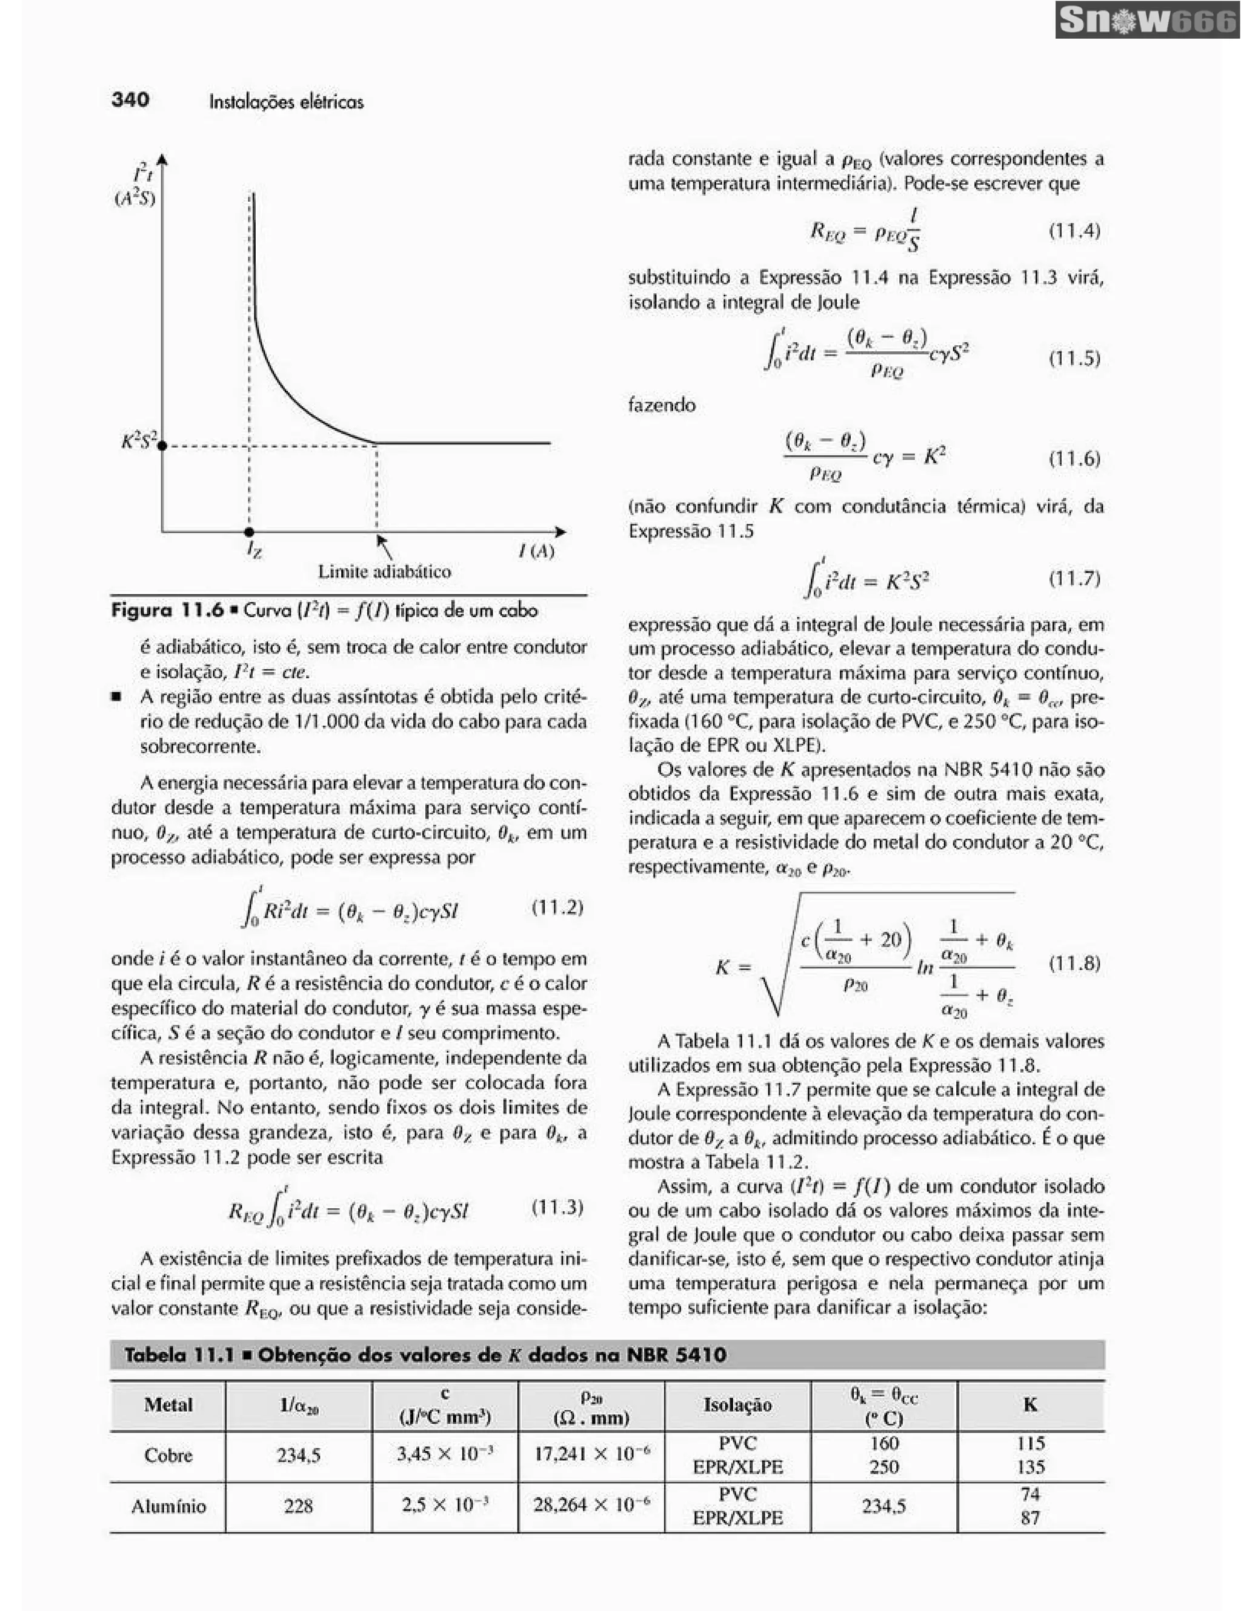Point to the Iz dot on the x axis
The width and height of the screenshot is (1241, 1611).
point(250,531)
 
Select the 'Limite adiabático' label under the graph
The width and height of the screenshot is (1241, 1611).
point(384,571)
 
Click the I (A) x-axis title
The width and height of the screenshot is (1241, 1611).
point(536,551)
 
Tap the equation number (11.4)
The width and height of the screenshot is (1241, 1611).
point(1074,231)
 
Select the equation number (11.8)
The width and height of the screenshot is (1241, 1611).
point(1074,964)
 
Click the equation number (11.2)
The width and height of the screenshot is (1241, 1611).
point(557,907)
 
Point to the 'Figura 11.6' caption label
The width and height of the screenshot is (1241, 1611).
point(167,610)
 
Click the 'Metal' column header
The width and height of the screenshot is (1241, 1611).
point(168,1404)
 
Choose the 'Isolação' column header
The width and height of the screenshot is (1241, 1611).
point(737,1404)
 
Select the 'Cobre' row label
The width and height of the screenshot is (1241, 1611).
point(168,1455)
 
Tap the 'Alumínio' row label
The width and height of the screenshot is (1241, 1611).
point(168,1506)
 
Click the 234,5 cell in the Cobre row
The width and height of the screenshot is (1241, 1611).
point(298,1455)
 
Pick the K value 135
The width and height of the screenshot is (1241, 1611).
point(1030,1467)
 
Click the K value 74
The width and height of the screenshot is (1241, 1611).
point(1030,1494)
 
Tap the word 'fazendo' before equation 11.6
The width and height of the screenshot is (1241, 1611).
point(661,405)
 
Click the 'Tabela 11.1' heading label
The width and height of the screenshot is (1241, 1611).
point(179,1354)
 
